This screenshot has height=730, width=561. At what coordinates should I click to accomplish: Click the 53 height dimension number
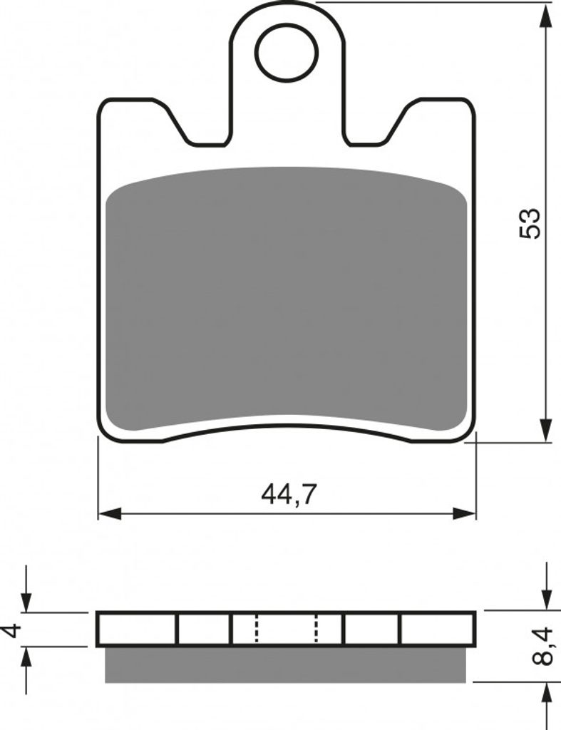pos(530,224)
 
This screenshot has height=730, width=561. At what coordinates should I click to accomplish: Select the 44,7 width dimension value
pos(289,495)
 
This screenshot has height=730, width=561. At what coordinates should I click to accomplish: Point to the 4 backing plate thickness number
pos(14,631)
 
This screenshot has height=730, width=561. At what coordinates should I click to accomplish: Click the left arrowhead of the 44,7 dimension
pos(110,514)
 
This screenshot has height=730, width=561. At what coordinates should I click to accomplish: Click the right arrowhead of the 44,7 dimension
pos(465,514)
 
